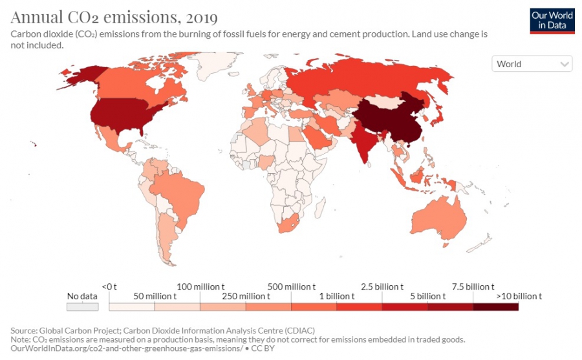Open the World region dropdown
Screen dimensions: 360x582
[532, 64]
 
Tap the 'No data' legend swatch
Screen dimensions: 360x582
[82, 307]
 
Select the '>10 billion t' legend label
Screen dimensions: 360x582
[518, 296]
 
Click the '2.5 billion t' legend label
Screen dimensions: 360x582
[382, 286]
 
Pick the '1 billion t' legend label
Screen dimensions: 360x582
[336, 296]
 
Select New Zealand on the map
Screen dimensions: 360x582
[482, 245]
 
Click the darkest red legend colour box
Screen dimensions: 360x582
[495, 307]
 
